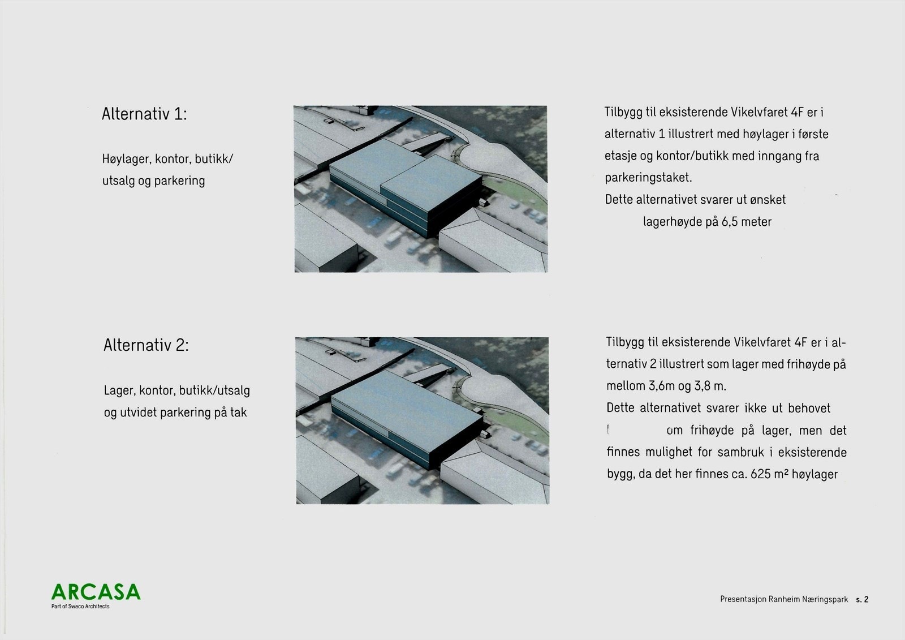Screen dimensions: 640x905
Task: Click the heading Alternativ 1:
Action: (x=144, y=114)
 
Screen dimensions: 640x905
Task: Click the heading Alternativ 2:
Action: (x=146, y=346)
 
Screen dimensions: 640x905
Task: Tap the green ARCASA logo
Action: (x=96, y=591)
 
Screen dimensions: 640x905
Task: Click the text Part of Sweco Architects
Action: (x=80, y=607)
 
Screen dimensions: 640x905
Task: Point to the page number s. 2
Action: (x=862, y=599)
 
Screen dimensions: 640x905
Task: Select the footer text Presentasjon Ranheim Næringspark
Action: (x=784, y=599)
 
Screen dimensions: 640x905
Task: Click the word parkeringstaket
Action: (x=648, y=178)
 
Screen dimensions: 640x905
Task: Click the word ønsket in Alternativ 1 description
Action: (x=768, y=200)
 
